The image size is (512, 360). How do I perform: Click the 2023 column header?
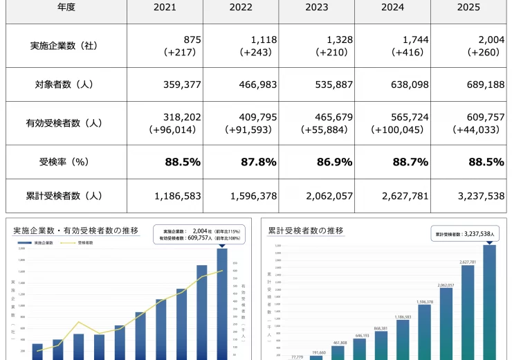point(316,8)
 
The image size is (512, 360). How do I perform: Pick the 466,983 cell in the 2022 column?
point(251,84)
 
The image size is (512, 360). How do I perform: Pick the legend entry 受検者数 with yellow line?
point(85,244)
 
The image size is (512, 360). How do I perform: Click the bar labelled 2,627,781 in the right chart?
point(468,312)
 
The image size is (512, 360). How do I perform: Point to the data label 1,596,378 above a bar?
point(424,302)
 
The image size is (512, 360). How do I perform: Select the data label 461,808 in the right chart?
point(339,342)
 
